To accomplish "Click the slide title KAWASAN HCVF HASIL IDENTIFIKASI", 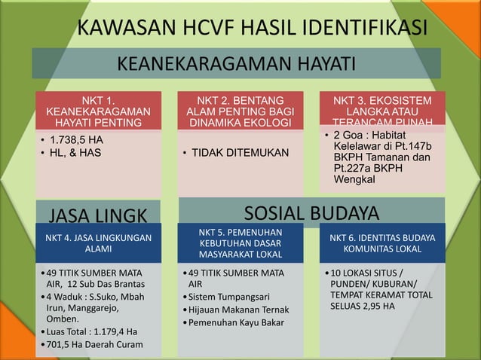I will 253,28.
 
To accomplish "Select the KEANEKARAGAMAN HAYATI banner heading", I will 236,63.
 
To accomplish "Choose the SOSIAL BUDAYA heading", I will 311,211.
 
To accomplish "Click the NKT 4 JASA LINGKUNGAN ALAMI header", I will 98,243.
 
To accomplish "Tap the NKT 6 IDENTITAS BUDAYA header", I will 382,243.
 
